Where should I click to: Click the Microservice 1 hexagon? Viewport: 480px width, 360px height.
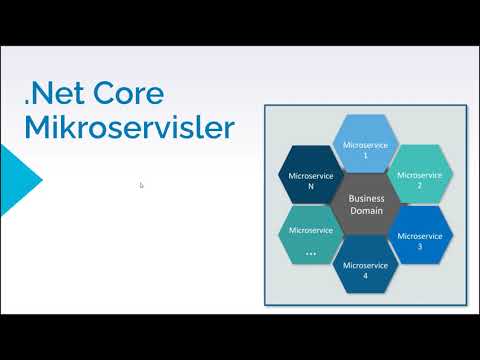coord(365,146)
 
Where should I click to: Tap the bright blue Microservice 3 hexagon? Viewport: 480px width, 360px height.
coord(418,236)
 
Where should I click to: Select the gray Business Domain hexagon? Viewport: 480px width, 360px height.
coord(365,206)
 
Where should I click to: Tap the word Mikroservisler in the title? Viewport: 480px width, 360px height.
coord(129,129)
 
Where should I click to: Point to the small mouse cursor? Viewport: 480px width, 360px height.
coord(141,184)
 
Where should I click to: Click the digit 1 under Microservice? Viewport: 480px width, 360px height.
coord(365,156)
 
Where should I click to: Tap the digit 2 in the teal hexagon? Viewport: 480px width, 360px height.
coord(420,186)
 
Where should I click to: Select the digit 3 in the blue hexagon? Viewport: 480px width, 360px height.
coord(420,246)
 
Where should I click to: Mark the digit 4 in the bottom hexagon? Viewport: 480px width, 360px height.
coord(365,276)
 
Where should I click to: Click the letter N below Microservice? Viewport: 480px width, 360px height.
coord(310,186)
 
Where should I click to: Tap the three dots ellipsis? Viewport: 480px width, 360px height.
coord(310,252)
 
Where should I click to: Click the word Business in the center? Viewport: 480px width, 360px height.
coord(365,199)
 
